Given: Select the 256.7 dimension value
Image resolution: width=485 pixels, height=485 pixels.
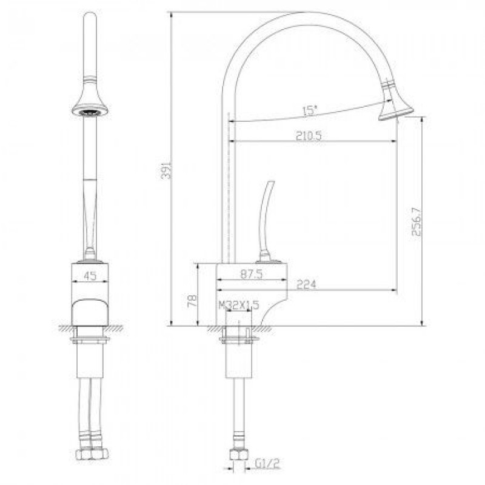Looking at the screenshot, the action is click(416, 221).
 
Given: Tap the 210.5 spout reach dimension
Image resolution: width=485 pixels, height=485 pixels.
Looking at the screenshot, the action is click(309, 135).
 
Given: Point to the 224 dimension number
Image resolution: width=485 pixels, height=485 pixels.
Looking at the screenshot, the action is click(306, 284).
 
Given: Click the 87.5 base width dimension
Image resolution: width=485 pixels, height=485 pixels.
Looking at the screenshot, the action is click(252, 274).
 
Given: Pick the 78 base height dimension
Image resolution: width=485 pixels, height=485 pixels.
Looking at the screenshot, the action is click(192, 301).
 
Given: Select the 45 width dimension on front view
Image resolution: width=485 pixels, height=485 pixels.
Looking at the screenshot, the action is click(90, 276).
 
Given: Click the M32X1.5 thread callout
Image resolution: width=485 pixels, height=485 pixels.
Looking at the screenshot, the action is click(239, 306).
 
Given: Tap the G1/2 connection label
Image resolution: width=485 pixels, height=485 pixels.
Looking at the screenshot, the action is click(267, 463).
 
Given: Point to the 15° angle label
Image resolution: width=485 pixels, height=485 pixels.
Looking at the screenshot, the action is click(310, 111).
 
